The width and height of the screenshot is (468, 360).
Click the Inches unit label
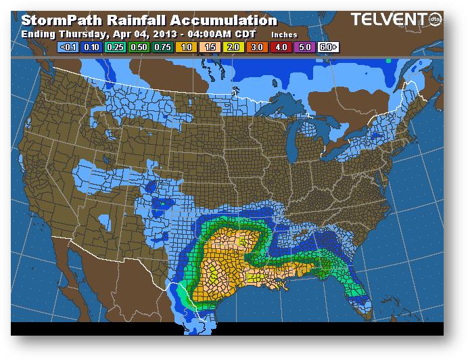tap(283, 34)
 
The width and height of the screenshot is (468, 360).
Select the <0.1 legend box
tap(68, 47)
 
